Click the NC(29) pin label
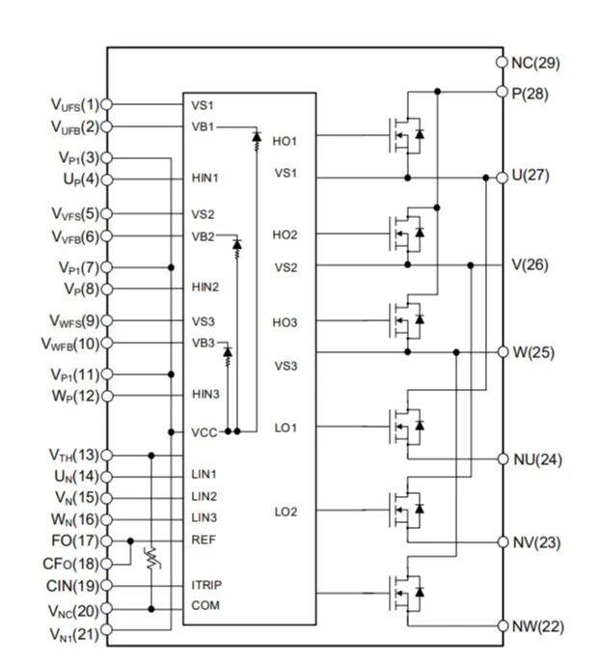[535, 63]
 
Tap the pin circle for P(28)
[502, 92]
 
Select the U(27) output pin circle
[502, 178]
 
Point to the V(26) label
[530, 265]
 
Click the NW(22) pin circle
[503, 626]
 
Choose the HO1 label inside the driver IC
[285, 141]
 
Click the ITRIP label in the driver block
[206, 585]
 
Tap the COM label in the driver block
[205, 605]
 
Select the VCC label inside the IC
[204, 432]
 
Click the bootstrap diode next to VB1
[257, 137]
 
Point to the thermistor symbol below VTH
[151, 559]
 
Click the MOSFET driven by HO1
[406, 135]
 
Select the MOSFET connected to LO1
[406, 427]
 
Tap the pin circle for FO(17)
[106, 541]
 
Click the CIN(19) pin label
[72, 587]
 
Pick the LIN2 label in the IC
[204, 496]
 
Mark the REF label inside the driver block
[204, 540]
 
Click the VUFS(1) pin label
[75, 105]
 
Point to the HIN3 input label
[205, 395]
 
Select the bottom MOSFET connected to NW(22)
[406, 593]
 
